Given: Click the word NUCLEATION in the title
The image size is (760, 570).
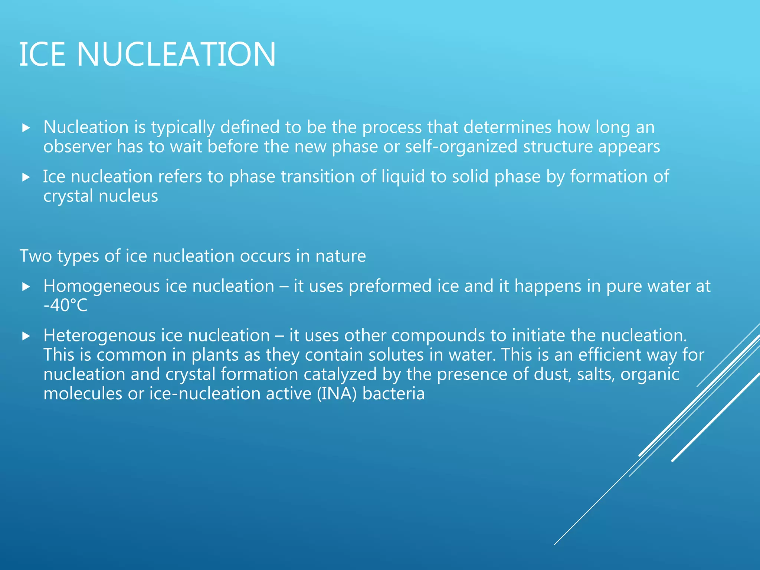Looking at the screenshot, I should (x=176, y=54).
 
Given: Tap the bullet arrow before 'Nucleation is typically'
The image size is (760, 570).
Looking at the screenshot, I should (x=26, y=128).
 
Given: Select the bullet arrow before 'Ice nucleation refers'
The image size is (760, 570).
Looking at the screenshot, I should (x=26, y=177).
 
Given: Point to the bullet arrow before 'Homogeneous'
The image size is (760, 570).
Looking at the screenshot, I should (x=26, y=287).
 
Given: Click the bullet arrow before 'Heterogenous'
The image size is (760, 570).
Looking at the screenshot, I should (x=26, y=336).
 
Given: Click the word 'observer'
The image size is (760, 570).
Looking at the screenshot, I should (x=77, y=147).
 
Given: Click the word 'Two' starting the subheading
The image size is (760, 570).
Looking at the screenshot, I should (x=35, y=256).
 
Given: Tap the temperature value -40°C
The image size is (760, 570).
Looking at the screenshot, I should (x=65, y=306).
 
